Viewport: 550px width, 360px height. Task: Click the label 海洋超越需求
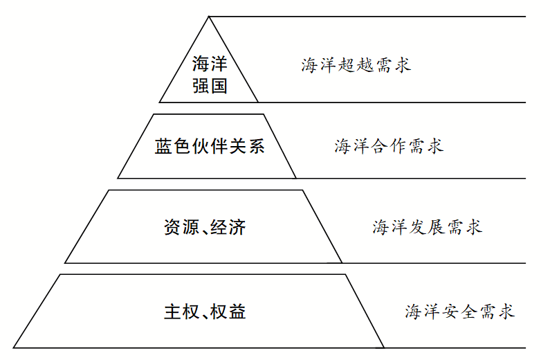(x=356, y=66)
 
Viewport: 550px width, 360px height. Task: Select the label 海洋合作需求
(x=389, y=146)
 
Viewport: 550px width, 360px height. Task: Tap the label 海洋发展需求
(x=427, y=227)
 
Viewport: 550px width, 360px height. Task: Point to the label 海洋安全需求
(x=460, y=312)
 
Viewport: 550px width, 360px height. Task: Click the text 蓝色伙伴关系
(x=209, y=147)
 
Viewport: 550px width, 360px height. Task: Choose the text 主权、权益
(x=205, y=312)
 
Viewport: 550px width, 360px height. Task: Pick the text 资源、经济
(x=205, y=227)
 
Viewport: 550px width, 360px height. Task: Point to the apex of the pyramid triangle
(x=209, y=17)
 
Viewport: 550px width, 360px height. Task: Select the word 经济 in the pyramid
(x=229, y=227)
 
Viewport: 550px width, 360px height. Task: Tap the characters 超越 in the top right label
(x=356, y=66)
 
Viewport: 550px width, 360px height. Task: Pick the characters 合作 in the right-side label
(x=389, y=146)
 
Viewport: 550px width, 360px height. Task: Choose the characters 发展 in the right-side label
(x=427, y=227)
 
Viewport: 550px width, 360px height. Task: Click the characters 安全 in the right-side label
(x=460, y=312)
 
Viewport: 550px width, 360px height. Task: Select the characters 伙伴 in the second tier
(x=209, y=147)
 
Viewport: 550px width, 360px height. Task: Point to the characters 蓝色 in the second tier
(x=172, y=147)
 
